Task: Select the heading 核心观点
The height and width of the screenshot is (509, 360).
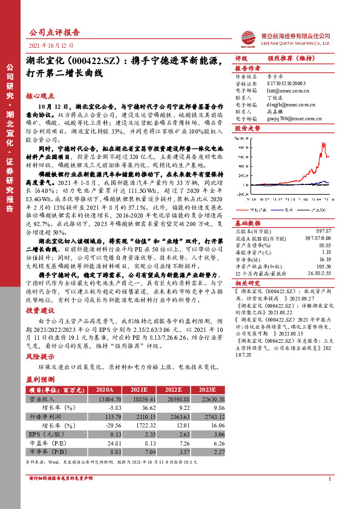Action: (38, 96)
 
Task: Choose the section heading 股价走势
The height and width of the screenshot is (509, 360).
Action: (247, 129)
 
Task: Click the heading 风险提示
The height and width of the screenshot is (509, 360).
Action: (38, 357)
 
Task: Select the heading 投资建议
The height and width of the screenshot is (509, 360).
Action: (38, 310)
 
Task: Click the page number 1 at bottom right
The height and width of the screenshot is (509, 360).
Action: (328, 479)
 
